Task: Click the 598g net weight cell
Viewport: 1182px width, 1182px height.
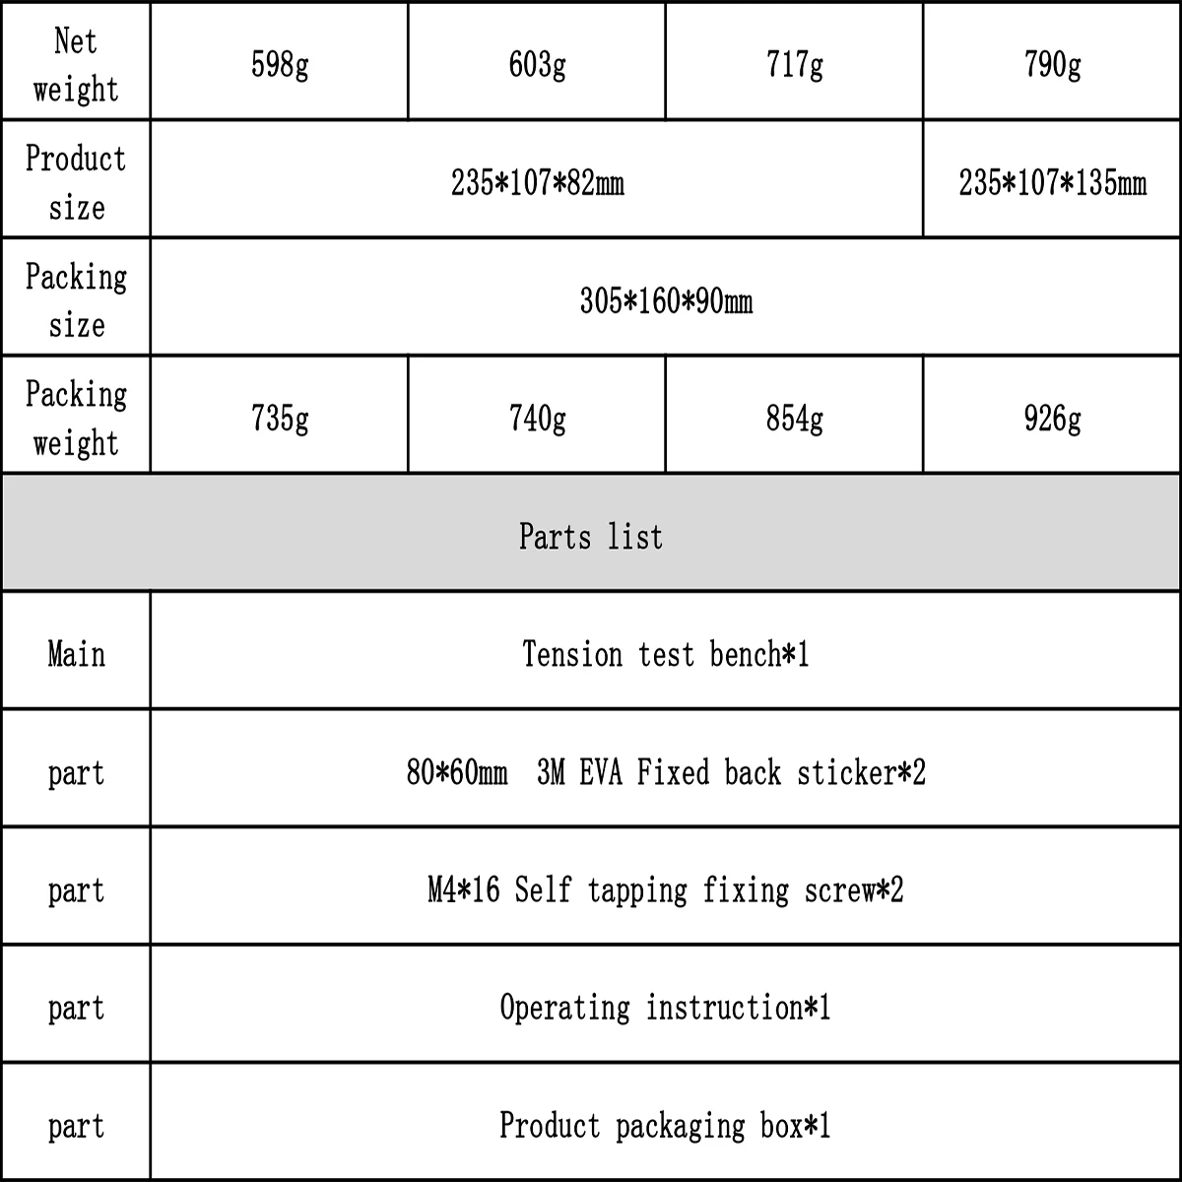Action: pos(280,65)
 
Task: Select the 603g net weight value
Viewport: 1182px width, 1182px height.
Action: pos(537,65)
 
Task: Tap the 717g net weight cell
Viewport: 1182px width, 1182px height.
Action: pos(794,65)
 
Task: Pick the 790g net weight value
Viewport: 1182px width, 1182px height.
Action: pos(1052,65)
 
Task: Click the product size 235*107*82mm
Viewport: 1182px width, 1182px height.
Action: pos(537,183)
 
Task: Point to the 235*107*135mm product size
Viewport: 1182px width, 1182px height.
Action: pos(1052,183)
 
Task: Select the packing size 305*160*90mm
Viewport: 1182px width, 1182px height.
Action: pos(666,300)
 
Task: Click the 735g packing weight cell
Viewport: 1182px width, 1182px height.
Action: pos(280,419)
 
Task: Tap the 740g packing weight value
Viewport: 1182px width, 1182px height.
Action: pos(537,419)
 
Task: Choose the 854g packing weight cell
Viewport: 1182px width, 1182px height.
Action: pos(794,419)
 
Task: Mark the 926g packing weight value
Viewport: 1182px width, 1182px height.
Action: pos(1052,419)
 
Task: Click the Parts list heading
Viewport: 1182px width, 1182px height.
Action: pos(591,536)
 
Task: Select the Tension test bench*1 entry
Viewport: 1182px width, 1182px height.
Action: pos(666,654)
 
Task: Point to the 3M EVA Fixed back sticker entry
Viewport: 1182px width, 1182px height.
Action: pos(666,772)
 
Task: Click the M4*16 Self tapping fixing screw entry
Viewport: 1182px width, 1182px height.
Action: pos(666,890)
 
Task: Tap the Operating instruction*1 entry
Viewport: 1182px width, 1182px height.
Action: pos(666,1008)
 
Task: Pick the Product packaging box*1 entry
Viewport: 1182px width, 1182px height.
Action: pos(666,1125)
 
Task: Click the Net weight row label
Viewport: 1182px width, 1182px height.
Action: pos(76,65)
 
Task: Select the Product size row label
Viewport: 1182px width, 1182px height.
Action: pos(76,183)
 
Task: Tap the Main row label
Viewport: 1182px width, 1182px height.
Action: pos(76,654)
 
